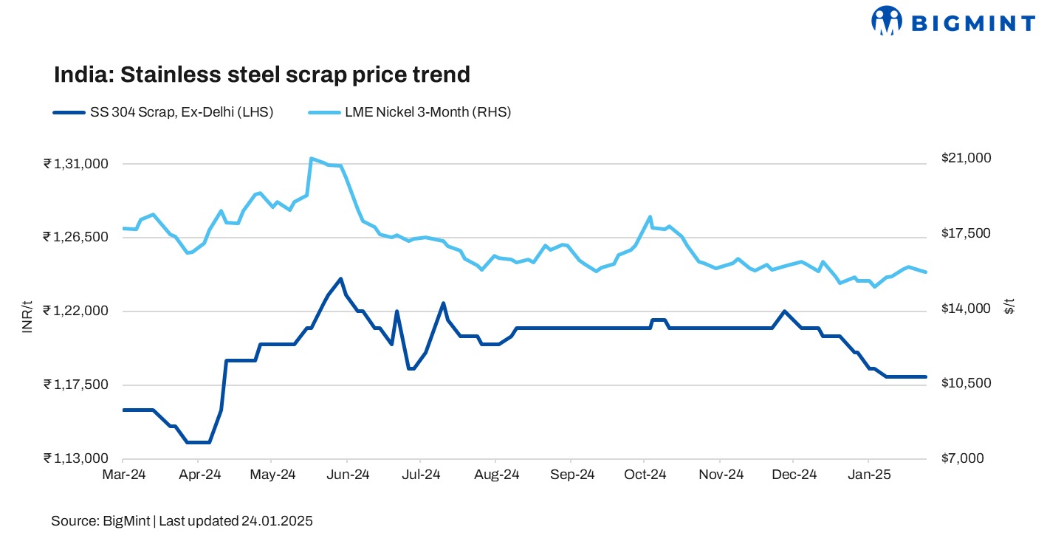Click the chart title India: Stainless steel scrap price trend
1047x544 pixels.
261,75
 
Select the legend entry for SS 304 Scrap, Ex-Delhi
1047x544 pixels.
163,112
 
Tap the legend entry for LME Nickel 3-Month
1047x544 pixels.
411,112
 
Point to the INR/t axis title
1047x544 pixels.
27,317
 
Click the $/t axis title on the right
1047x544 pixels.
1009,307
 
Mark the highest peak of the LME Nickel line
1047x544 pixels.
312,158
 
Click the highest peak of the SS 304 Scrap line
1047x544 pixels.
340,278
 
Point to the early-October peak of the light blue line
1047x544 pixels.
650,217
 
